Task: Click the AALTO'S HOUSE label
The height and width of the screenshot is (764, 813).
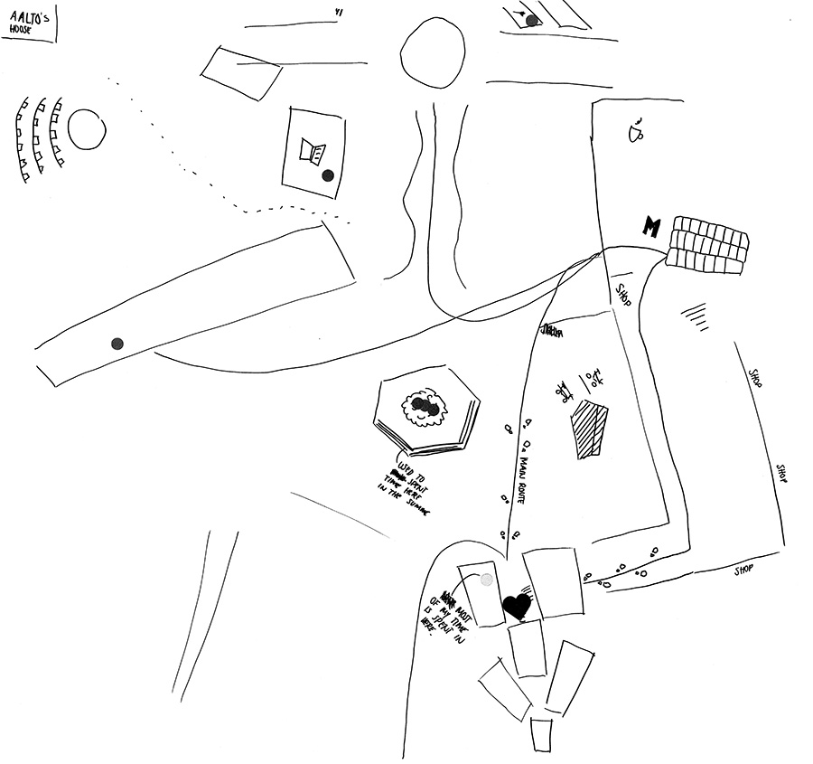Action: pos(27,22)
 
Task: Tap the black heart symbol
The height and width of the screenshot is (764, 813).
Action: pos(517,605)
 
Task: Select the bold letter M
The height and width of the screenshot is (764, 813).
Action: pos(650,226)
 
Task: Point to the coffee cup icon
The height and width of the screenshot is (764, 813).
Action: pos(636,131)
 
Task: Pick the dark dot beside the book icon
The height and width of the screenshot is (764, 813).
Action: pos(328,175)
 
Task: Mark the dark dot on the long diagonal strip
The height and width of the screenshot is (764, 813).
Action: pos(117,343)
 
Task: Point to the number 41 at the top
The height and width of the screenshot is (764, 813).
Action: pos(339,13)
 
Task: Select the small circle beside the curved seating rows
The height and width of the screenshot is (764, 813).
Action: pos(89,130)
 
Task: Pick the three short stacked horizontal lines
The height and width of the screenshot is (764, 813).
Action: pos(693,312)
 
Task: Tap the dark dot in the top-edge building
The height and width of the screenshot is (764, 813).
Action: pos(532,20)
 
